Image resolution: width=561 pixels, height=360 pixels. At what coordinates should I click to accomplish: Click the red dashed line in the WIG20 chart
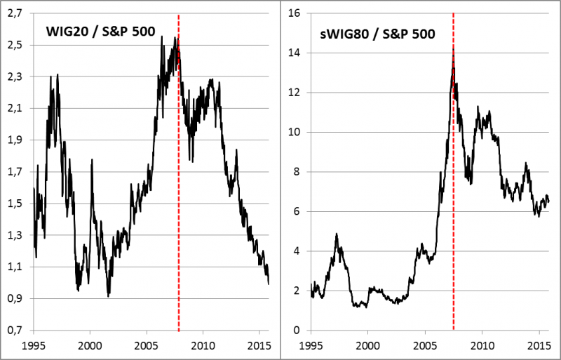coord(179,211)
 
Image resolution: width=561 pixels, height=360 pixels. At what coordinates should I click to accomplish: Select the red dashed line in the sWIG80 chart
coord(454,211)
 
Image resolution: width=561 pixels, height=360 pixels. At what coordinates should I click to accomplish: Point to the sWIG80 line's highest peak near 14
coord(454,49)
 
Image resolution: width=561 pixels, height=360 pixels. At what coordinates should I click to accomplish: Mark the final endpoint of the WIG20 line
coord(269,283)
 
